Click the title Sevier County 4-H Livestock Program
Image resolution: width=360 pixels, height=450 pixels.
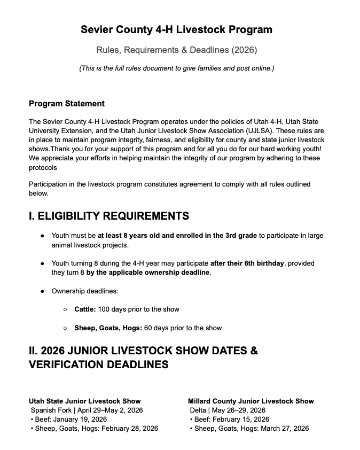(176, 29)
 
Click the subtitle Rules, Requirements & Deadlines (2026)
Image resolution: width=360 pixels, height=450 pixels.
(176, 50)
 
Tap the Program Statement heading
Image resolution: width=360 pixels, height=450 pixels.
(66, 104)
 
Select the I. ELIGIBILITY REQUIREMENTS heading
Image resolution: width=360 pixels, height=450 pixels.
(108, 216)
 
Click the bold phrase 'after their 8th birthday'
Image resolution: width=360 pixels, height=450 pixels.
(248, 263)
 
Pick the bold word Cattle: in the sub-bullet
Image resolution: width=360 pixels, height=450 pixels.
(85, 309)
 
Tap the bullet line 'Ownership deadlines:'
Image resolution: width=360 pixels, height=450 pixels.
(84, 291)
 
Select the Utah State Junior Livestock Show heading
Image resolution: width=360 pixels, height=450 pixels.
(84, 401)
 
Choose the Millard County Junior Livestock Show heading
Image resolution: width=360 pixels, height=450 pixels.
(251, 401)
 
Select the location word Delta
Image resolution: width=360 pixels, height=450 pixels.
(199, 410)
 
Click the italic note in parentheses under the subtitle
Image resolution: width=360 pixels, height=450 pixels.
(176, 68)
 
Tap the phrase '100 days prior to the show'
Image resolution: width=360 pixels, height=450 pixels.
(139, 309)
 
